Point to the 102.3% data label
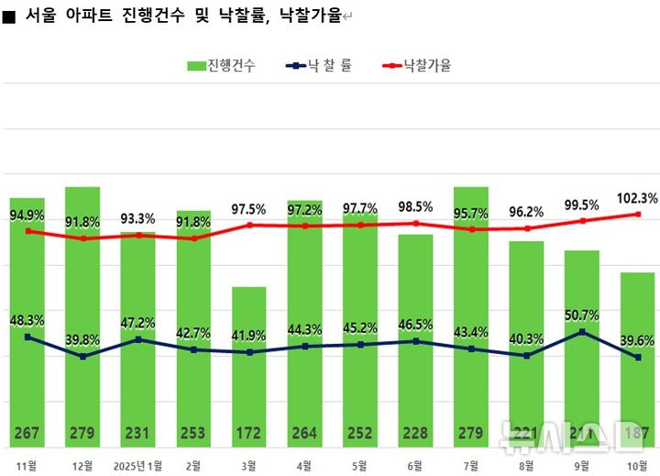point(637,198)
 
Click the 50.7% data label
point(581,315)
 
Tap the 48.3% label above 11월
point(27,320)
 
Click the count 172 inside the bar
point(248,433)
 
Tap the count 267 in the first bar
point(27,433)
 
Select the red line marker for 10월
point(637,215)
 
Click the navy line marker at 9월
point(581,332)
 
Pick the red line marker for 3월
point(248,225)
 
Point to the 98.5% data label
point(415,206)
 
